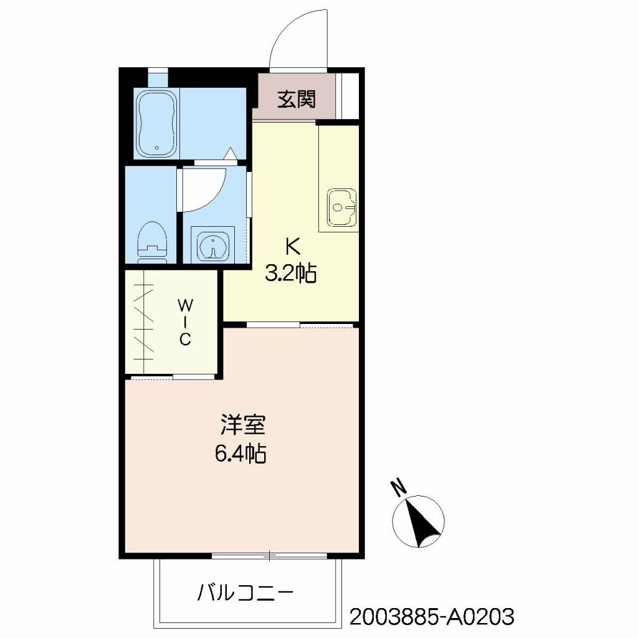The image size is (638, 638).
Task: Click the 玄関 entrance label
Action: (296, 99)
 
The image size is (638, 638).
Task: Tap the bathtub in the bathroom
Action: (156, 123)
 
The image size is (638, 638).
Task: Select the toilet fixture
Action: (152, 242)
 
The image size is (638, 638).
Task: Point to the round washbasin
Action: (213, 245)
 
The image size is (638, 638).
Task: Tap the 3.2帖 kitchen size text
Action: (291, 273)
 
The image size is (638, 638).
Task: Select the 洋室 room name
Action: (243, 424)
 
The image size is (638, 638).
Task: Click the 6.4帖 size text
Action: (240, 454)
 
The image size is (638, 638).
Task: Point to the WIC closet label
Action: (185, 322)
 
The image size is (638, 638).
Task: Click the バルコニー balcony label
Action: (245, 593)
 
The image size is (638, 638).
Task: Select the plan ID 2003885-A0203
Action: (432, 617)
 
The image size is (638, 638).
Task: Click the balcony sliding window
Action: (269, 555)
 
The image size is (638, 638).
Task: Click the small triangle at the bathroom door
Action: (231, 153)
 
